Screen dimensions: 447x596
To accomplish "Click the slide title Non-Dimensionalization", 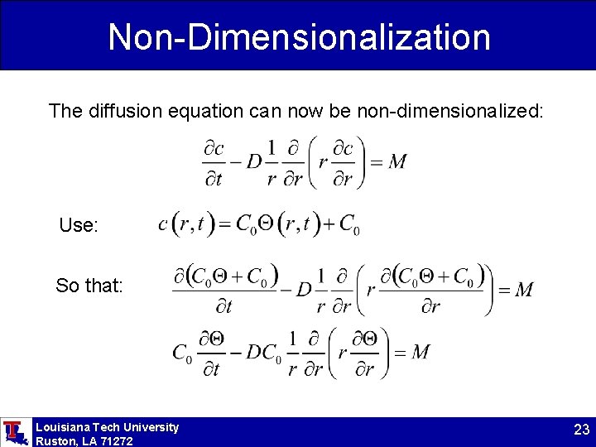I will pyautogui.click(x=299, y=37).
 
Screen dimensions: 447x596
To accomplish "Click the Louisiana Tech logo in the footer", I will pyautogui.click(x=15, y=432).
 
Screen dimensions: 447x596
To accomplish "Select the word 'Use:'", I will pyautogui.click(x=79, y=225).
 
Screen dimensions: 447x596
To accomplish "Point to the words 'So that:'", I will pyautogui.click(x=89, y=286).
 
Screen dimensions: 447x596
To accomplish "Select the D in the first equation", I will pyautogui.click(x=254, y=162).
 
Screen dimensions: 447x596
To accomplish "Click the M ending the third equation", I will pyautogui.click(x=523, y=290).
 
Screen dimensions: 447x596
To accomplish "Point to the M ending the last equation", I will pyautogui.click(x=421, y=353).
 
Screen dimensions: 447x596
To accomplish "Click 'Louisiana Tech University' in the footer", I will pyautogui.click(x=107, y=427).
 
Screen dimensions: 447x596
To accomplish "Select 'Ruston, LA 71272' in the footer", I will pyautogui.click(x=84, y=441).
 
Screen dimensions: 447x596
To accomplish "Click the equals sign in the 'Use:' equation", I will pyautogui.click(x=221, y=223).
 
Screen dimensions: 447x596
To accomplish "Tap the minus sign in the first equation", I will pyautogui.click(x=234, y=162).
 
